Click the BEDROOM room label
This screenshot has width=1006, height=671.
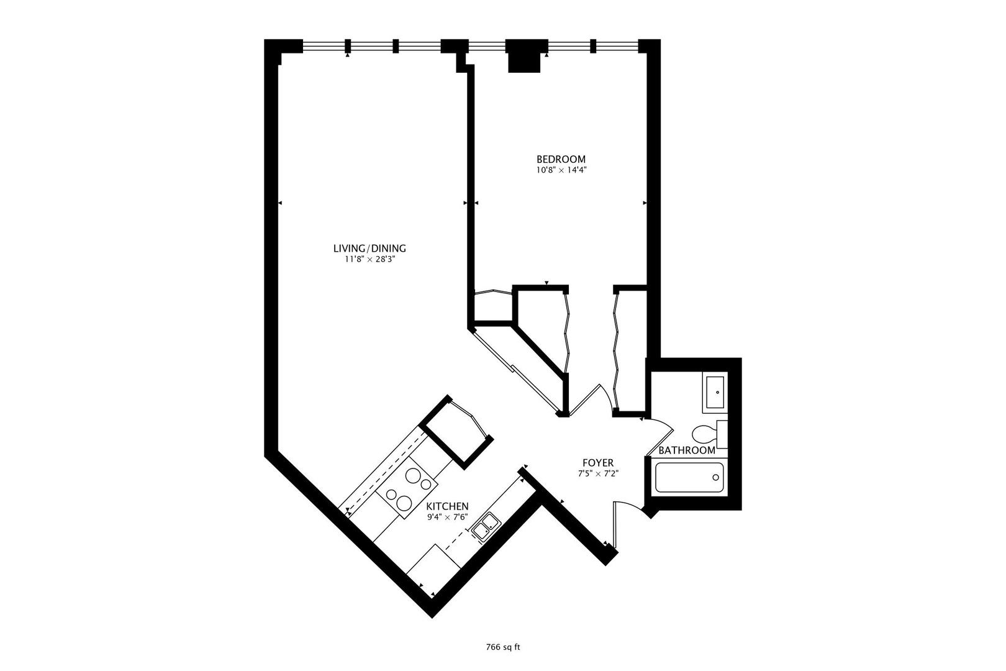tap(561, 159)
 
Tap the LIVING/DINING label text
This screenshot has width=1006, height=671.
tap(369, 249)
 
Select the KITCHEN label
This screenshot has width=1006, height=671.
tap(447, 506)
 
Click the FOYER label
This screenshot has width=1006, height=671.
tap(598, 463)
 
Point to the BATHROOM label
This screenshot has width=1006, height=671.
tap(686, 450)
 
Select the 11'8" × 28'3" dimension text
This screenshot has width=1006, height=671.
tap(369, 260)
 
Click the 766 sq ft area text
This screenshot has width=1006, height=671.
tap(502, 647)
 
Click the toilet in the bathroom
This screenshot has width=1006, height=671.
tap(708, 433)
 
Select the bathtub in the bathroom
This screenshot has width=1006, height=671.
tap(690, 478)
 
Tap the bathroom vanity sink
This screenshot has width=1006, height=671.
tap(715, 393)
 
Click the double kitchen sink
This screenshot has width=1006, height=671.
tap(485, 527)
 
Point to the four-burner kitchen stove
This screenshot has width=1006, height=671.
tap(406, 488)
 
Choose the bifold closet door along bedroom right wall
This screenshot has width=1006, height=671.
tap(617, 351)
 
